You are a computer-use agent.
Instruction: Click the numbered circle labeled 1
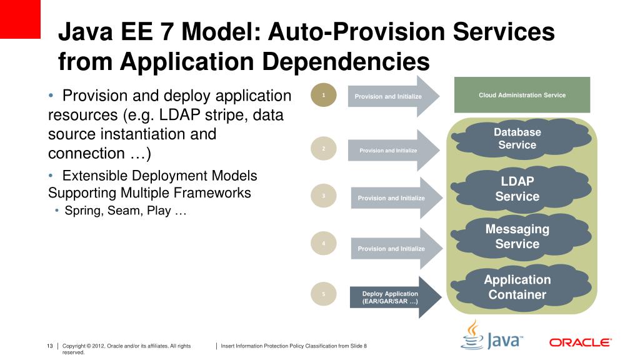point(324,96)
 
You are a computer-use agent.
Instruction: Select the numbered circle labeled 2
point(324,149)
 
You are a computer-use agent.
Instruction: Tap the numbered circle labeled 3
point(324,196)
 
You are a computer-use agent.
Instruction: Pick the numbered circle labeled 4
point(324,244)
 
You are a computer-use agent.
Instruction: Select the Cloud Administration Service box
point(522,96)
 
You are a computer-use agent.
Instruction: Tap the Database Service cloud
point(517,139)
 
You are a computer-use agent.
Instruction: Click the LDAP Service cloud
point(517,189)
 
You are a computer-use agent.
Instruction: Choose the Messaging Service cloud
point(517,237)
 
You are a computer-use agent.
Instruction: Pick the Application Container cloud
point(517,287)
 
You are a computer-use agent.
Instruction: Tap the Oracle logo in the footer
point(580,342)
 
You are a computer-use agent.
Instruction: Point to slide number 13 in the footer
point(50,346)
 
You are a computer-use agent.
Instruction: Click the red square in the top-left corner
point(20,19)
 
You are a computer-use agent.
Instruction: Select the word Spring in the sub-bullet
point(84,211)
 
